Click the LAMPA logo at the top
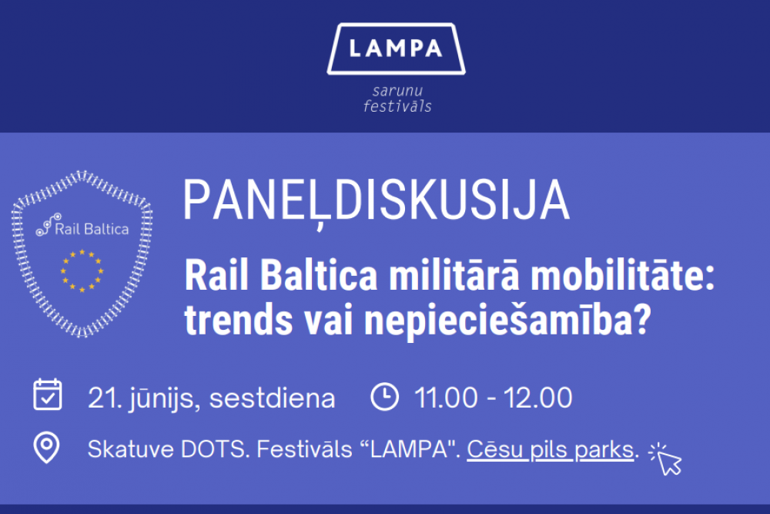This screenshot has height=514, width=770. [396, 49]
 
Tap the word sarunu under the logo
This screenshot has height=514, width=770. [397, 91]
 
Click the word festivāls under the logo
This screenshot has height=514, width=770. [397, 106]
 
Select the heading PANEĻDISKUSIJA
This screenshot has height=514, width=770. [377, 201]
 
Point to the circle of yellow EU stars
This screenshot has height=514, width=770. [82, 270]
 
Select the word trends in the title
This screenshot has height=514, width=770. [239, 320]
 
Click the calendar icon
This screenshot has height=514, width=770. [48, 394]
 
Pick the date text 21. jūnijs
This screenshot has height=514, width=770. [144, 398]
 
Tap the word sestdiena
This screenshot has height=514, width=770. [272, 398]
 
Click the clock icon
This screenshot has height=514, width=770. [384, 396]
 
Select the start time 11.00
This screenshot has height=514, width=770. [446, 398]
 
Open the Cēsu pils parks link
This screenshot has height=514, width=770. [551, 449]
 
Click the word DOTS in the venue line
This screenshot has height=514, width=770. [213, 449]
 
